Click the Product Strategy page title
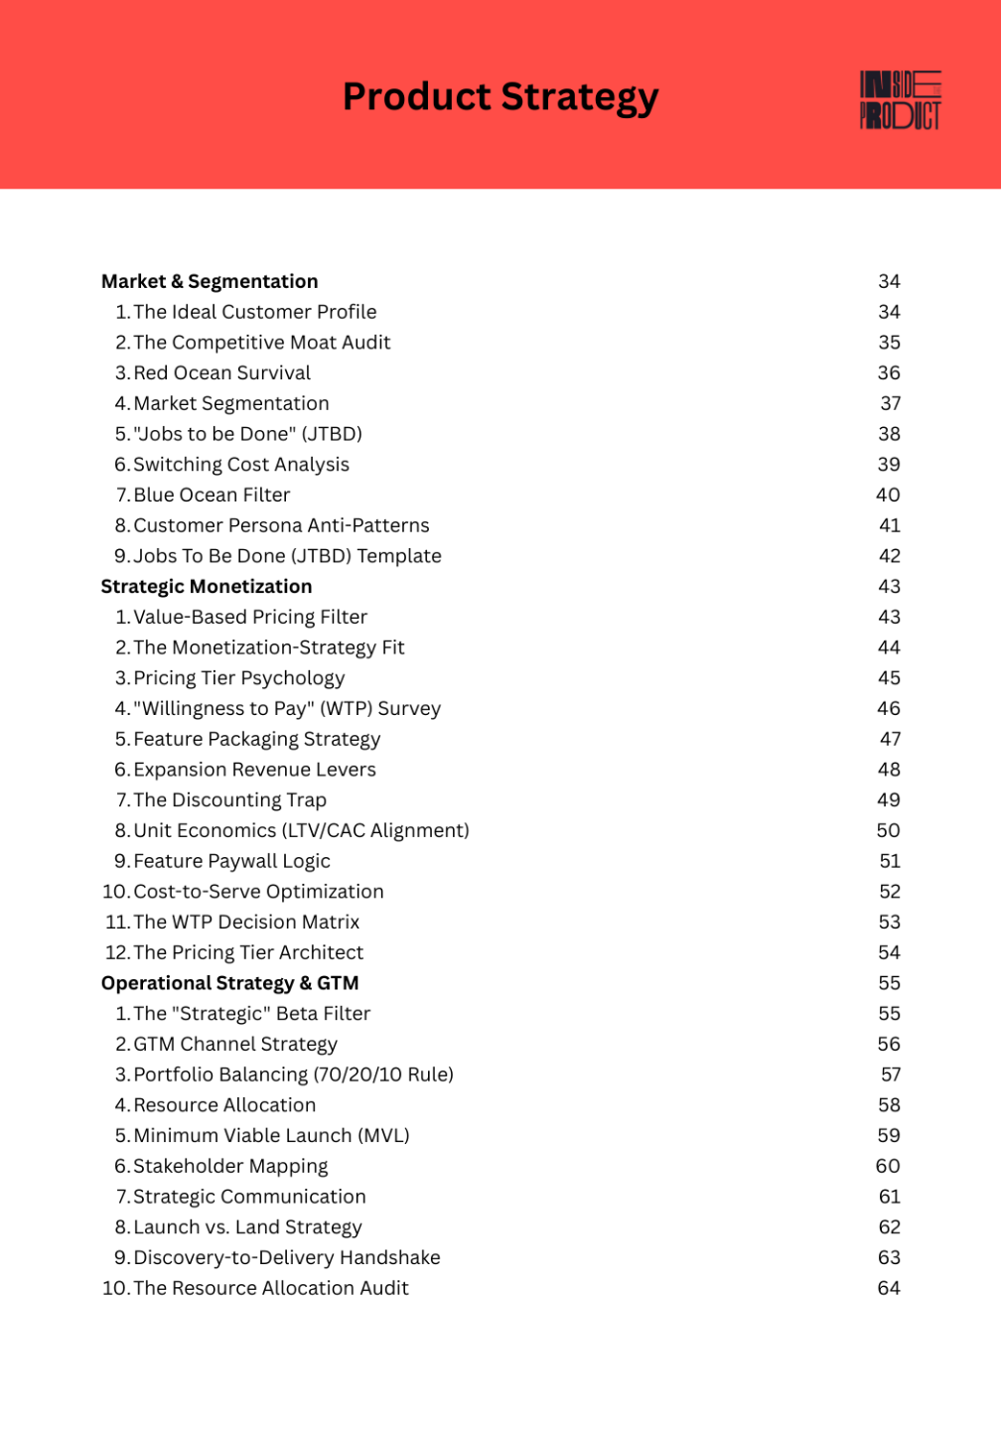click(x=500, y=97)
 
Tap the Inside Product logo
click(x=900, y=100)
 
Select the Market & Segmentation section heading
click(x=210, y=282)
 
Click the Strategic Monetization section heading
click(x=207, y=587)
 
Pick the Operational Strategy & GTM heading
click(x=229, y=983)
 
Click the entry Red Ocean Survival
click(x=221, y=373)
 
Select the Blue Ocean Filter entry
click(x=212, y=496)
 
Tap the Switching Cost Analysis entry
click(x=241, y=465)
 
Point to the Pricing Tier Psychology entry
click(x=239, y=678)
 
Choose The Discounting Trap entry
click(x=229, y=800)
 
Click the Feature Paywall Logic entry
click(x=231, y=861)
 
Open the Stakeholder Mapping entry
click(x=230, y=1166)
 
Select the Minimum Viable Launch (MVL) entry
click(x=271, y=1136)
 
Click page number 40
click(x=888, y=496)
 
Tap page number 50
click(x=888, y=831)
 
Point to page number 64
click(x=889, y=1288)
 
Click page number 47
click(x=890, y=739)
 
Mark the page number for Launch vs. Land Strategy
click(x=889, y=1227)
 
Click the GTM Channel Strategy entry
click(x=235, y=1045)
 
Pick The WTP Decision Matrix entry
click(x=246, y=923)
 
